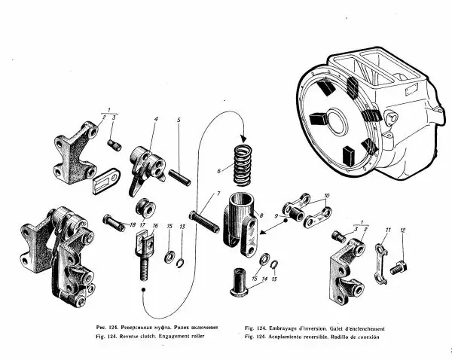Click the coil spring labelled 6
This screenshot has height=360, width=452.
tap(242, 165)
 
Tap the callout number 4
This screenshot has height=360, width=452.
tap(156, 119)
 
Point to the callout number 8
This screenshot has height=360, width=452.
tap(261, 215)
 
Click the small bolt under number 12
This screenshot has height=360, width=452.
tap(400, 265)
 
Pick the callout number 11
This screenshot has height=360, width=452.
tap(387, 229)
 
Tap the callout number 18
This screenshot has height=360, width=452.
tap(133, 225)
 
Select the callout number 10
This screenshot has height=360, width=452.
tap(326, 195)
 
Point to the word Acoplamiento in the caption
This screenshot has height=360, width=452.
tap(283, 337)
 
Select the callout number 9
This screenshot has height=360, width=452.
tap(276, 216)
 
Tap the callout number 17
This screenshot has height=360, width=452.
tap(142, 225)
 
